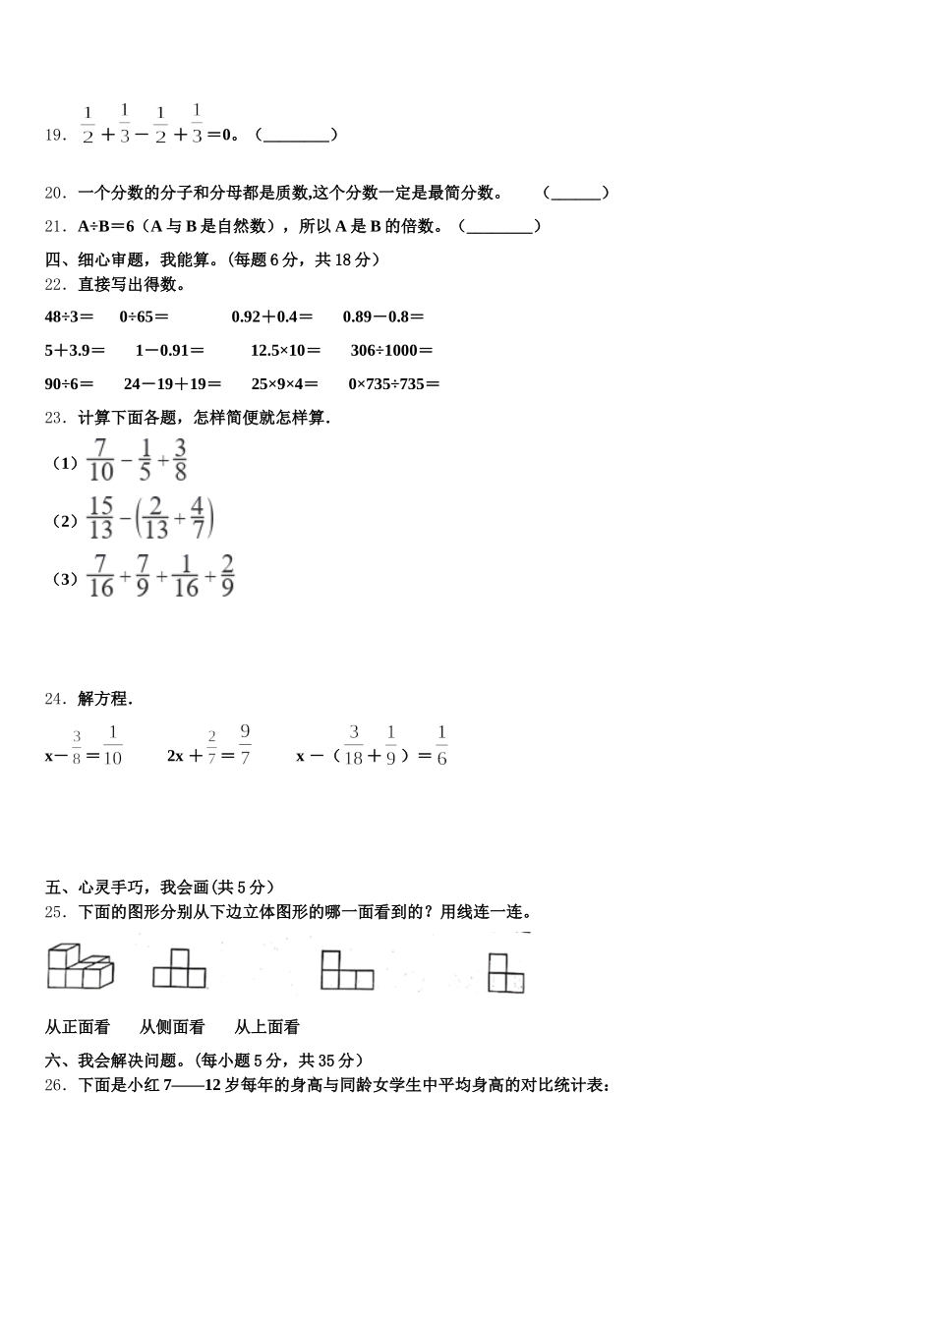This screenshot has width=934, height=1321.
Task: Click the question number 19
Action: click(55, 135)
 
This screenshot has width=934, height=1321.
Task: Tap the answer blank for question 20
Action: click(576, 194)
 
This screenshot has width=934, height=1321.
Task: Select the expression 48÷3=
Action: click(69, 316)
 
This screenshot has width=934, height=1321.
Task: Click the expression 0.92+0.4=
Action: click(272, 316)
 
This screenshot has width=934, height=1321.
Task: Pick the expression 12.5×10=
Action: click(285, 350)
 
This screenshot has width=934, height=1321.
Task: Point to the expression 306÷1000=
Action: click(391, 350)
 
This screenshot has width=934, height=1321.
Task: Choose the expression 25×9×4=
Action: click(285, 384)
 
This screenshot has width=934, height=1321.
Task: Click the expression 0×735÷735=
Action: click(393, 384)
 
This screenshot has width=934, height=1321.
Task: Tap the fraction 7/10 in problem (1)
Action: click(100, 460)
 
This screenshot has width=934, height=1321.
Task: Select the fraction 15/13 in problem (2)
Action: click(100, 518)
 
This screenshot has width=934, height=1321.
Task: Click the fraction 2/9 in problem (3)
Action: click(227, 576)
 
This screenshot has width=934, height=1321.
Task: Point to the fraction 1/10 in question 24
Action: click(112, 745)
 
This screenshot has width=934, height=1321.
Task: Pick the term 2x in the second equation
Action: click(176, 756)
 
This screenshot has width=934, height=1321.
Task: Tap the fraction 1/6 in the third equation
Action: click(441, 745)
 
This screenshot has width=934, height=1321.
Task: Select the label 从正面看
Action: click(78, 1027)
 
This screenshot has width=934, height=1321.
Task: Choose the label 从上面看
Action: click(266, 1027)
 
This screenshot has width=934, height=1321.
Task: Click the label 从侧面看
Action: click(172, 1027)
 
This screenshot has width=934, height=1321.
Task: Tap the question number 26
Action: click(55, 1086)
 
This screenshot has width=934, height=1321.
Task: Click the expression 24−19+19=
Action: click(172, 384)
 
